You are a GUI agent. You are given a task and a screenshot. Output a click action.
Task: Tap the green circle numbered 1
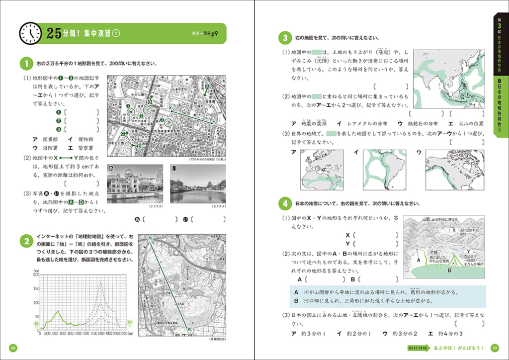click(25, 64)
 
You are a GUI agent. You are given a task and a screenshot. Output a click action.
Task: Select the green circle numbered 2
click(25, 242)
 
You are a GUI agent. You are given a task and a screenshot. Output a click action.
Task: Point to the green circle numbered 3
click(285, 38)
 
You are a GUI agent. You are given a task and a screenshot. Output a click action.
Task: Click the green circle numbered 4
click(285, 203)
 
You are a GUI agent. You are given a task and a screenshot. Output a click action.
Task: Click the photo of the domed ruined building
click(135, 183)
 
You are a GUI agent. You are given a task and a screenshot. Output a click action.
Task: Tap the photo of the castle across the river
click(198, 183)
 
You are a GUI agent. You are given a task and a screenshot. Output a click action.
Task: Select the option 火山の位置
click(469, 123)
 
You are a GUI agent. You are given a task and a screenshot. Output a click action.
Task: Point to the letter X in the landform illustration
click(453, 230)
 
